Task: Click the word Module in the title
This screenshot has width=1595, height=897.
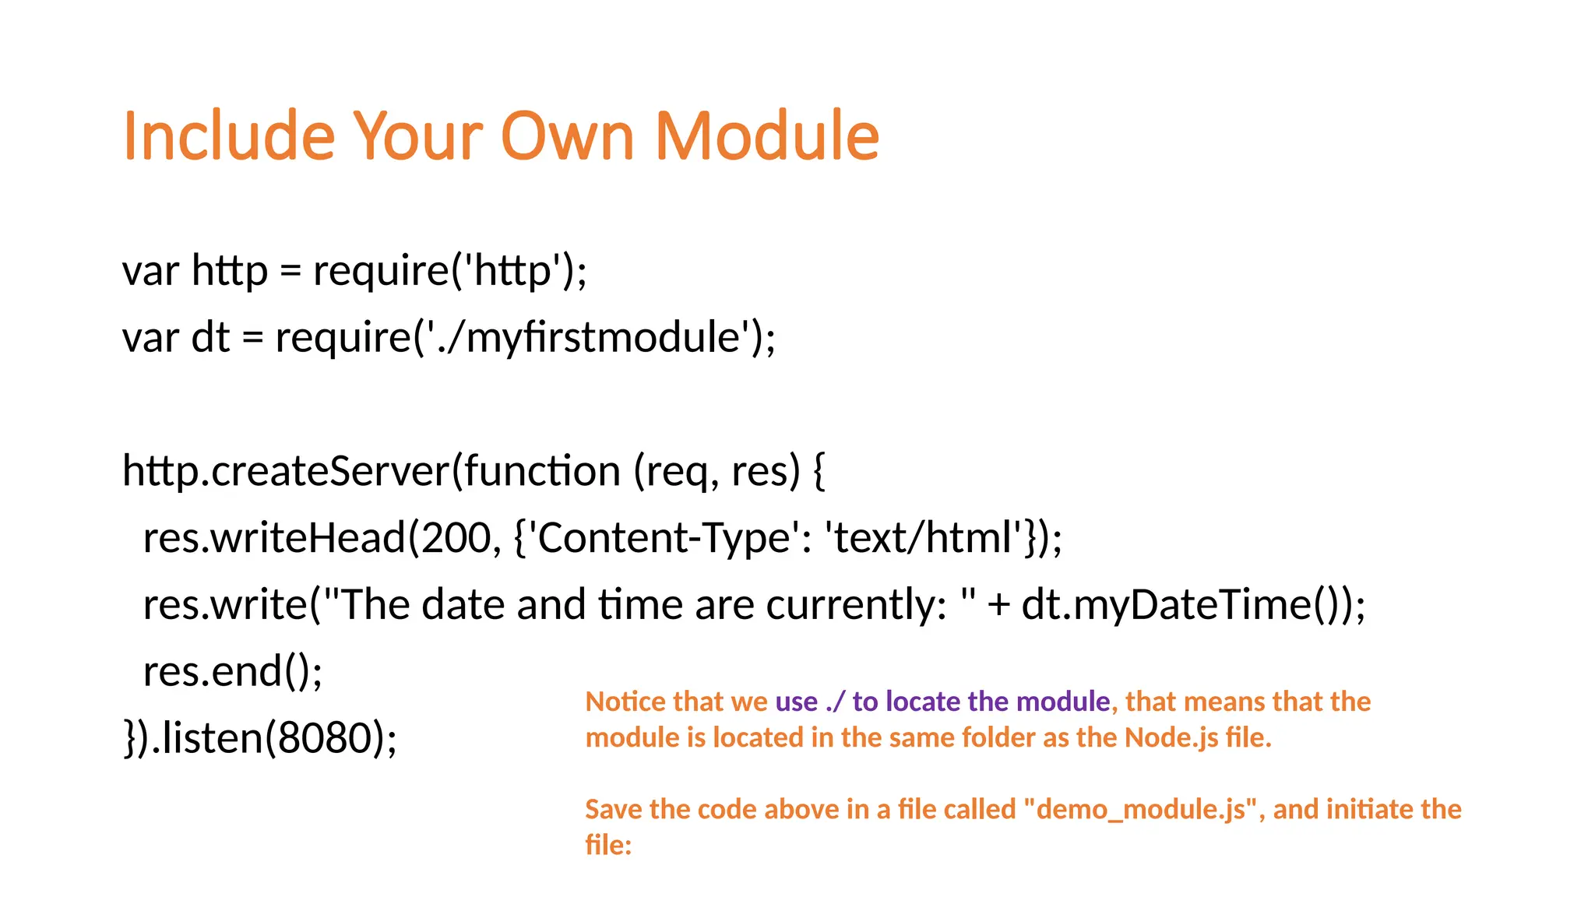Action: (x=766, y=136)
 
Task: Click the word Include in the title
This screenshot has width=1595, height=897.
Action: (x=229, y=136)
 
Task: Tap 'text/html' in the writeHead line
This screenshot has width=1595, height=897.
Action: (x=927, y=538)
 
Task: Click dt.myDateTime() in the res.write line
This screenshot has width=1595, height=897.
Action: (x=1184, y=605)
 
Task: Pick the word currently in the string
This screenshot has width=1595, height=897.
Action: (x=856, y=605)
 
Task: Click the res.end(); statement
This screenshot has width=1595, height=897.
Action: (x=233, y=671)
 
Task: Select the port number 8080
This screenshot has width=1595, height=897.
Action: (x=326, y=738)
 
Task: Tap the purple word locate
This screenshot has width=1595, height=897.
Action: (x=924, y=702)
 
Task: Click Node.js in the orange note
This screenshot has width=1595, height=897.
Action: (x=1171, y=737)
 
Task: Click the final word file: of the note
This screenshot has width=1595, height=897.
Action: (x=608, y=845)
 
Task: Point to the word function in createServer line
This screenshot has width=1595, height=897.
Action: (x=542, y=471)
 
